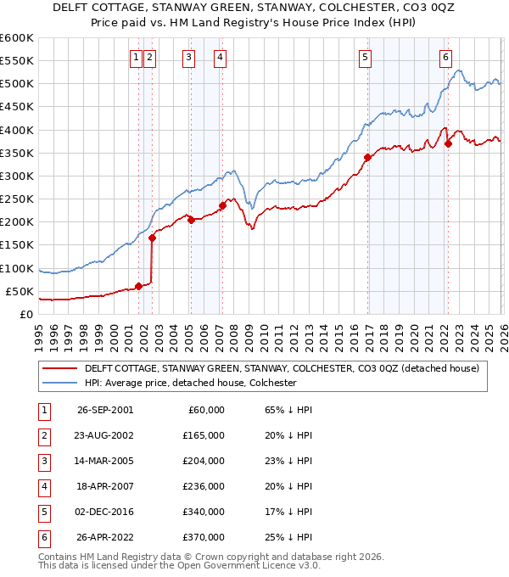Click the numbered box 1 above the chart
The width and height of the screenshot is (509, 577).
pos(136,58)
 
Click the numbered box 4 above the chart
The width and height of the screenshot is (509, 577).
pos(220,58)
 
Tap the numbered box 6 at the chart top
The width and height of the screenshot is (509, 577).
pos(445,58)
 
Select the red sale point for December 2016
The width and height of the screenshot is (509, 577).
pos(367,157)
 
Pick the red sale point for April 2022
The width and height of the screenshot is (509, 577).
pos(448,143)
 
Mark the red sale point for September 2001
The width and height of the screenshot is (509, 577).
pos(139,286)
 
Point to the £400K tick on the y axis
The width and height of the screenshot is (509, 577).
pos(16,130)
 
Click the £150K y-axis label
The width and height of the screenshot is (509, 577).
pos(16,245)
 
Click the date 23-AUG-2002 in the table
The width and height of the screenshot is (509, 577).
pos(104,434)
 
